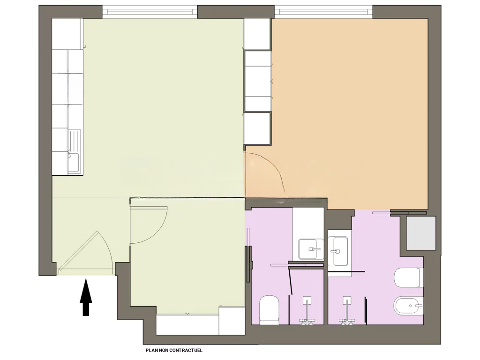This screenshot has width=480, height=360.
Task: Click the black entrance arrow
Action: [x=85, y=297]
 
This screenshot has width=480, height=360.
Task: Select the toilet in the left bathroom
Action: [x=269, y=309]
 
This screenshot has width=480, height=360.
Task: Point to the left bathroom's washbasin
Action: [x=309, y=249]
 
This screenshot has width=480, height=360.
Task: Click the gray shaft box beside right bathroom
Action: [x=420, y=232]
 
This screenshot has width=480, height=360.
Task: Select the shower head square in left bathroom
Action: [x=307, y=300]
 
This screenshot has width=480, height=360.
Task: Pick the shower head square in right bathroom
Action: [x=347, y=300]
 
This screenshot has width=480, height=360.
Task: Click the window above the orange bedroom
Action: [x=323, y=10]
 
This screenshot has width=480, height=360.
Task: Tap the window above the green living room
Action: [x=150, y=10]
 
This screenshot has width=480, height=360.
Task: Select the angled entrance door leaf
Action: [x=78, y=251]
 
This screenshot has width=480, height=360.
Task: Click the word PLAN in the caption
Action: [x=151, y=350]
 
